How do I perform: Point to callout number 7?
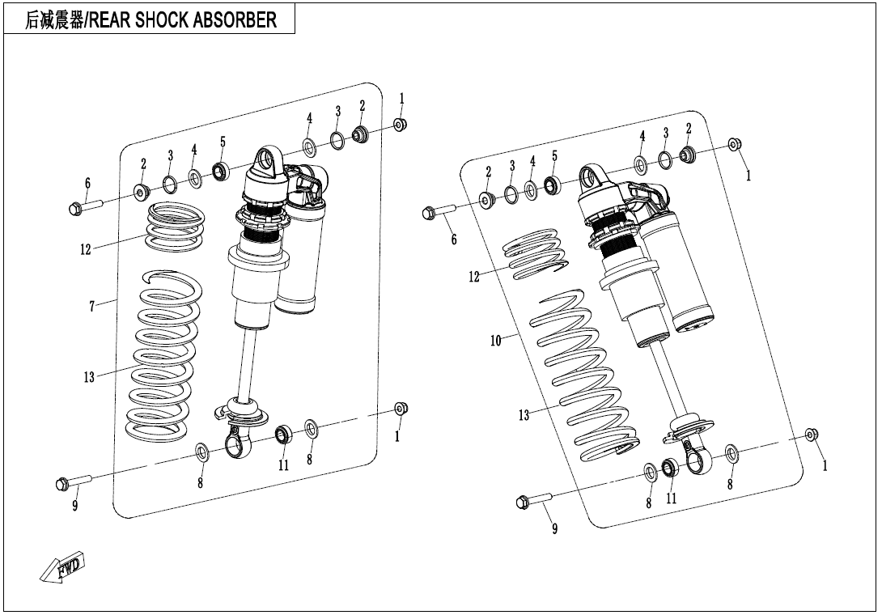(92, 306)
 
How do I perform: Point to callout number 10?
(496, 341)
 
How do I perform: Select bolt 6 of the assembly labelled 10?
(438, 213)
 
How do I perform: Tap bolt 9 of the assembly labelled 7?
(72, 483)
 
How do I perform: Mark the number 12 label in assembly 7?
(86, 250)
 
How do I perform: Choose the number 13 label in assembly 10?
(524, 415)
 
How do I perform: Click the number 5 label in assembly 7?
(223, 142)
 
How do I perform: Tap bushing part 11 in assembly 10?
(670, 467)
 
